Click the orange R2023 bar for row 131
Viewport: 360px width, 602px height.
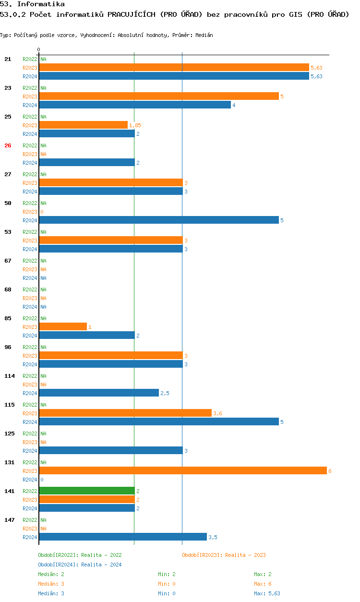click(x=182, y=470)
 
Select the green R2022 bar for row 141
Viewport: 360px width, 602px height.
click(x=86, y=491)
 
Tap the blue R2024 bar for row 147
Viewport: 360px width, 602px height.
click(x=122, y=537)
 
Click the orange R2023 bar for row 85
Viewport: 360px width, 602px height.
click(x=63, y=326)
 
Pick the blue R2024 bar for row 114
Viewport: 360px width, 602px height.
click(x=98, y=393)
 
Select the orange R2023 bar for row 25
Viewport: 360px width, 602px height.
click(x=83, y=125)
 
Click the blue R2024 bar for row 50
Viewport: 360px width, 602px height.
click(x=158, y=220)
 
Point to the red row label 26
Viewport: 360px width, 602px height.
click(x=8, y=145)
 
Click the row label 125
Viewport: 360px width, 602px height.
click(x=10, y=433)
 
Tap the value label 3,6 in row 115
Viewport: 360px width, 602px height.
click(x=217, y=413)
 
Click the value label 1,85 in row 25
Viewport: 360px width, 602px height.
click(x=135, y=125)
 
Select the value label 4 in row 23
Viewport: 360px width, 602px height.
click(x=234, y=105)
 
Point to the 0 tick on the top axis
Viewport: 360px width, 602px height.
click(x=38, y=49)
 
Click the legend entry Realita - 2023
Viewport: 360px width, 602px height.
click(x=224, y=555)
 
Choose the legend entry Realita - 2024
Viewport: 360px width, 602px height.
click(x=80, y=565)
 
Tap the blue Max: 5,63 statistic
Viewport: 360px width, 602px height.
click(x=267, y=593)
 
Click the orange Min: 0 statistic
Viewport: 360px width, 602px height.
click(x=167, y=584)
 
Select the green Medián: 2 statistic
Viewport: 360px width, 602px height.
click(x=51, y=574)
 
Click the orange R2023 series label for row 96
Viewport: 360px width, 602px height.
click(x=30, y=356)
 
